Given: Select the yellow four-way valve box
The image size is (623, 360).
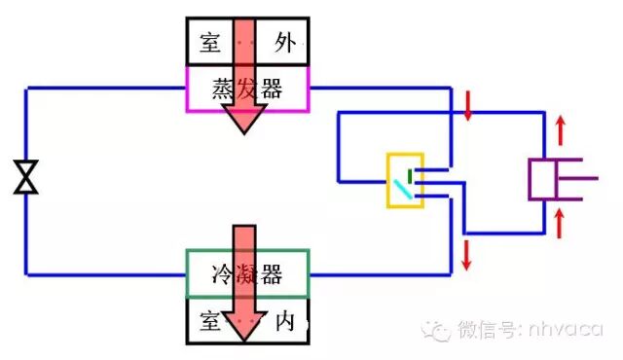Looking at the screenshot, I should [x=404, y=180].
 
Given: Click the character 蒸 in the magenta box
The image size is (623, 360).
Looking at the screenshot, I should [x=223, y=90].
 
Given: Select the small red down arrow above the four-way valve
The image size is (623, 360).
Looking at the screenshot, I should [x=468, y=105].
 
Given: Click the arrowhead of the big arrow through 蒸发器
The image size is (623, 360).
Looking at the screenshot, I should [x=244, y=119].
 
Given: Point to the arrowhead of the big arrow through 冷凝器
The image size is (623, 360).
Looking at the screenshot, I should [x=244, y=326].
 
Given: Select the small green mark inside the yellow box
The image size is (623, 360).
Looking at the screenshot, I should [x=410, y=175].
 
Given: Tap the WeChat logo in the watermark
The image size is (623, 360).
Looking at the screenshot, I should [x=435, y=331].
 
